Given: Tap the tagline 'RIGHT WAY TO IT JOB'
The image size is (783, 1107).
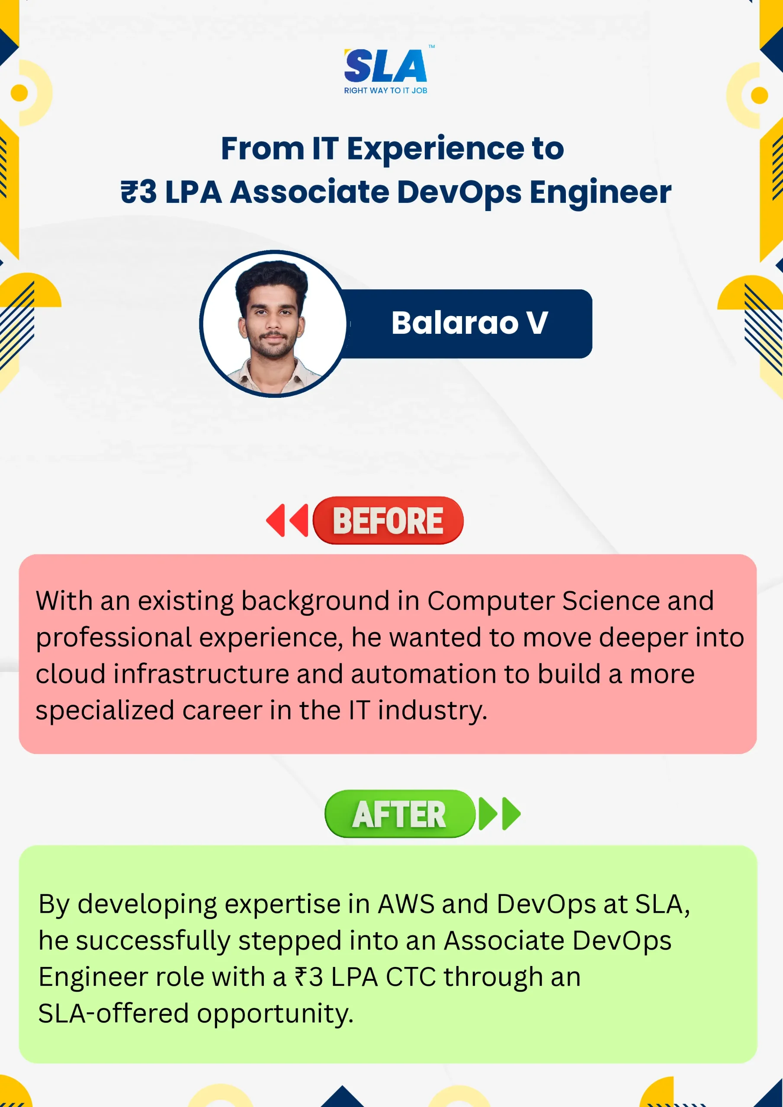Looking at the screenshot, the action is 385,91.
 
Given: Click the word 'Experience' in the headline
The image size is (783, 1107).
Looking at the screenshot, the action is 435,150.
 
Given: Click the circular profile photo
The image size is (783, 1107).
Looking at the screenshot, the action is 273,323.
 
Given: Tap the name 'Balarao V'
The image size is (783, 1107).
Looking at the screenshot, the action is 469,323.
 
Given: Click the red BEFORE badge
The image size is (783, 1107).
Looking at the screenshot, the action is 388,520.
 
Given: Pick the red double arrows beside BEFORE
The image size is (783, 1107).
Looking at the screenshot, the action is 287,520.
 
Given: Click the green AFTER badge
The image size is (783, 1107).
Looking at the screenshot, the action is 400,814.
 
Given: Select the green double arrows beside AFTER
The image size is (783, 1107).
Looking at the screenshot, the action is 499,814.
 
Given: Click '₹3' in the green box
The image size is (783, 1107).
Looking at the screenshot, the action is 309,977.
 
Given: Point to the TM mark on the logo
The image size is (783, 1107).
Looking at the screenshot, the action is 432,47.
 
